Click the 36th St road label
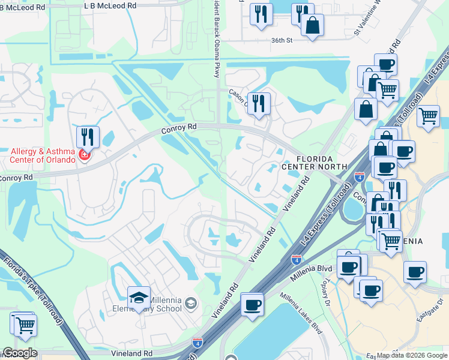pos(281,41)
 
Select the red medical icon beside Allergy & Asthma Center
pos(85,156)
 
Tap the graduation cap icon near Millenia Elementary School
pos(138,297)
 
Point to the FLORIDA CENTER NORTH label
pos(314,161)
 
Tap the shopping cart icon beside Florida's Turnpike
pos(25,325)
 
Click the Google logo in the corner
pos(19,353)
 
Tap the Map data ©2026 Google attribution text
pos(411,355)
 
